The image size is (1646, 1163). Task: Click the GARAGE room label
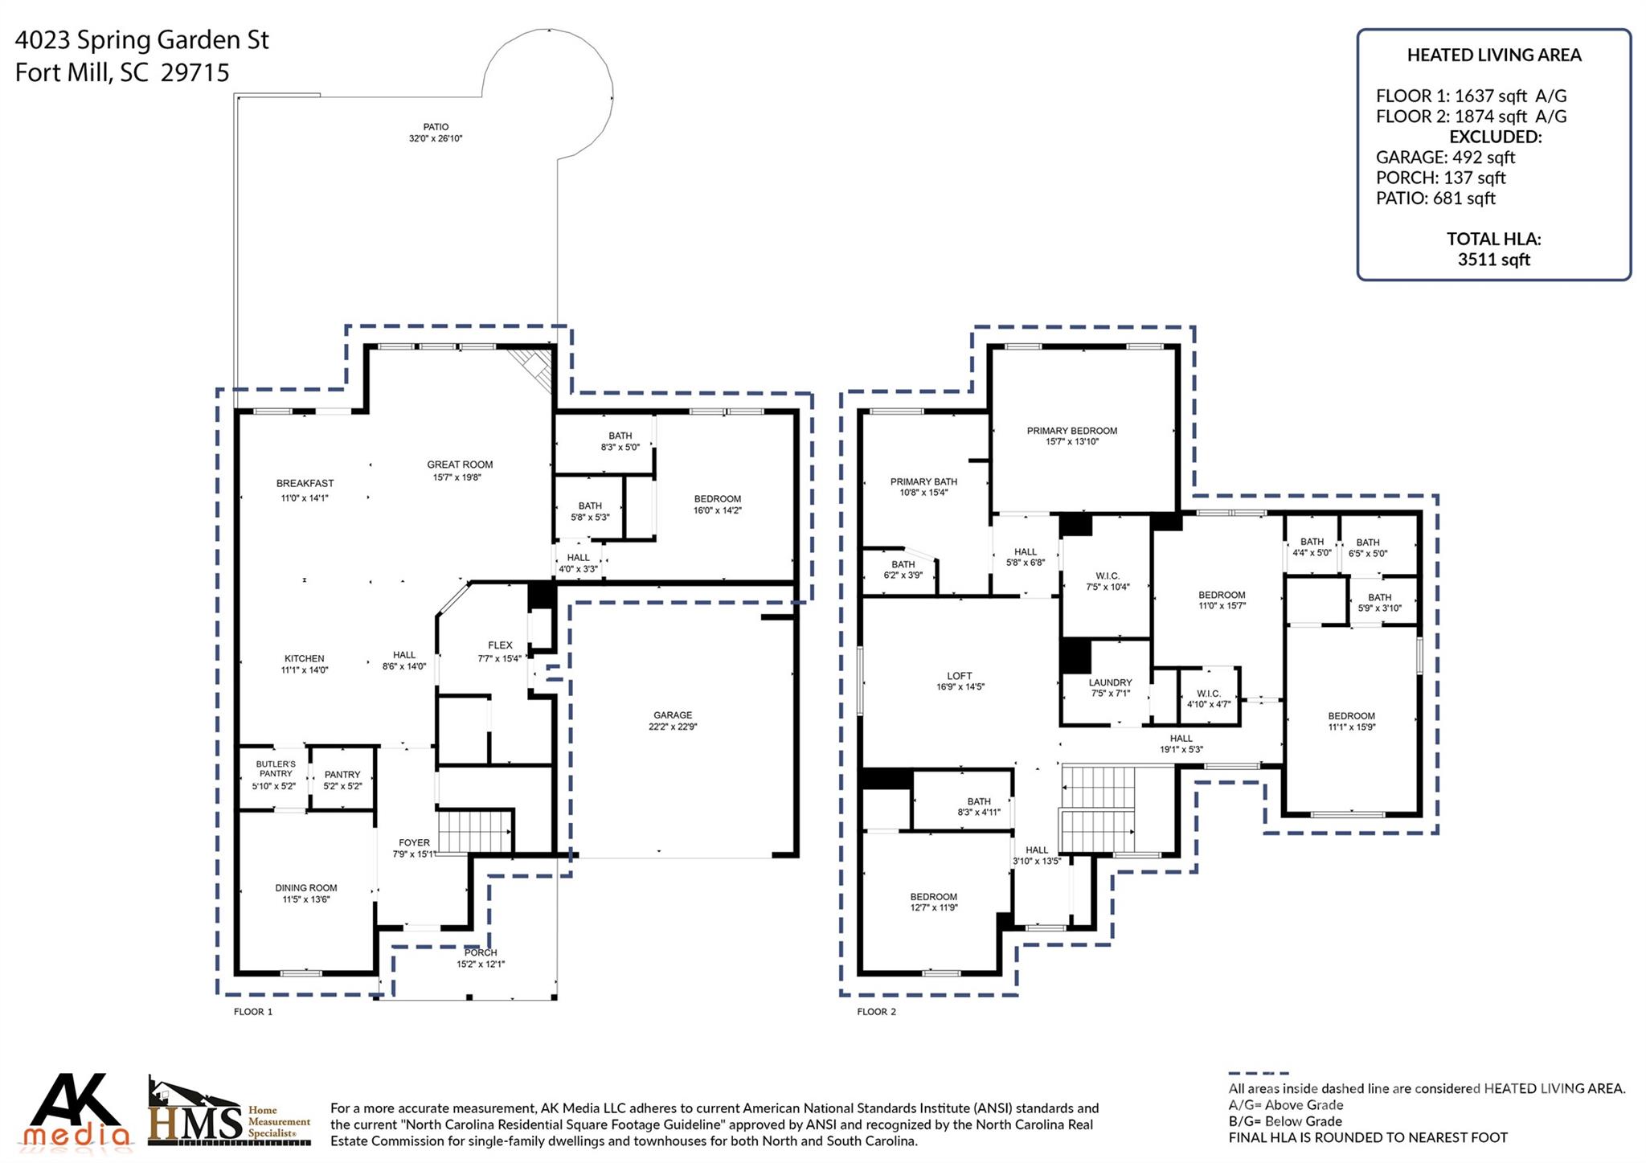[x=673, y=715]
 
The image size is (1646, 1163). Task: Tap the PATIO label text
[x=436, y=127]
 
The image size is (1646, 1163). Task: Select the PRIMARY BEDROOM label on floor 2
[x=1071, y=431]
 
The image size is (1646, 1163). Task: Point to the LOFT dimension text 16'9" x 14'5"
[x=960, y=687]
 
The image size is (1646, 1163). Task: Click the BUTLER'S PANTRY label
[x=276, y=769]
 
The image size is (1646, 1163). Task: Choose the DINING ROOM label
[x=305, y=888]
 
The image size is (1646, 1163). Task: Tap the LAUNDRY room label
[x=1110, y=682]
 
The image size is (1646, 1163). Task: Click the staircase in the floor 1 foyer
[x=475, y=831]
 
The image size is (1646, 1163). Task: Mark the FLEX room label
[x=500, y=645]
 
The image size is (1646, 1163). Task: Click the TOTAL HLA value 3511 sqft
[x=1493, y=260]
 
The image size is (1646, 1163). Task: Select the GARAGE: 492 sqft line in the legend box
[x=1445, y=158]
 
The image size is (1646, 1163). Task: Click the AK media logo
[x=76, y=1110]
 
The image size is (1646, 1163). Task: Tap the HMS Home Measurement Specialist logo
[x=229, y=1113]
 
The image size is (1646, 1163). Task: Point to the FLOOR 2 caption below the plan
[x=876, y=1012]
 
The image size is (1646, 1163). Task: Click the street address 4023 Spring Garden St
[x=142, y=40]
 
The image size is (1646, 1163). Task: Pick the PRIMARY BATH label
[x=923, y=482]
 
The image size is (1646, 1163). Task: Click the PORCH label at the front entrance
[x=480, y=953]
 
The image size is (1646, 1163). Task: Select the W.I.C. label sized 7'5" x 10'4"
[x=1108, y=576]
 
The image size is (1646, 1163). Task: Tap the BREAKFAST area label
[x=305, y=484]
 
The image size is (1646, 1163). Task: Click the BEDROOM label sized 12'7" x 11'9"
[x=933, y=897]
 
